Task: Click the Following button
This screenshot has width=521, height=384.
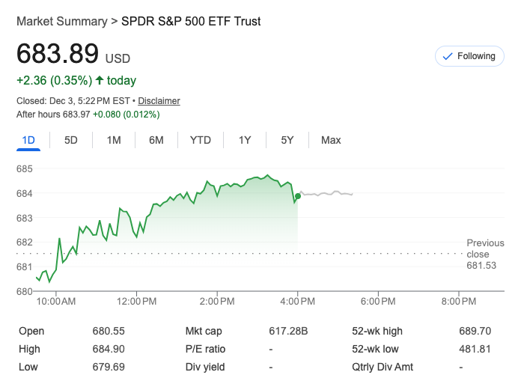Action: [x=469, y=56]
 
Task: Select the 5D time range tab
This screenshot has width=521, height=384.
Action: [x=71, y=140]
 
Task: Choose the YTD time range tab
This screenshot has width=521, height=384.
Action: [x=201, y=140]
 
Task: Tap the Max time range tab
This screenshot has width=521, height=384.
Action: [x=331, y=140]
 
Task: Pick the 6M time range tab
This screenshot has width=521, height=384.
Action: [x=156, y=140]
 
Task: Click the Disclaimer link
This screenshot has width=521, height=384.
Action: [x=159, y=101]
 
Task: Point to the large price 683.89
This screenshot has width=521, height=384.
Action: [x=58, y=55]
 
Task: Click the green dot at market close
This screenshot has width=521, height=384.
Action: [x=298, y=196]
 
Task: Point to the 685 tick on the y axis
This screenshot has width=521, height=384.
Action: [x=25, y=169]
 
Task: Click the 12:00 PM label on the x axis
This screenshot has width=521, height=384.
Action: [x=137, y=302]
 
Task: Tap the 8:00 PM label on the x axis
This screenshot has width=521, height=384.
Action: [x=459, y=302]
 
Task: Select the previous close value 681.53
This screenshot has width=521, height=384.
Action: [x=481, y=266]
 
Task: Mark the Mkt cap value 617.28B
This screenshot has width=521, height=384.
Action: [x=288, y=331]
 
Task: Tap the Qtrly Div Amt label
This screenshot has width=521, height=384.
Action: [x=382, y=367]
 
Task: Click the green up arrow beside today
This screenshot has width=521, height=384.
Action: [x=99, y=80]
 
